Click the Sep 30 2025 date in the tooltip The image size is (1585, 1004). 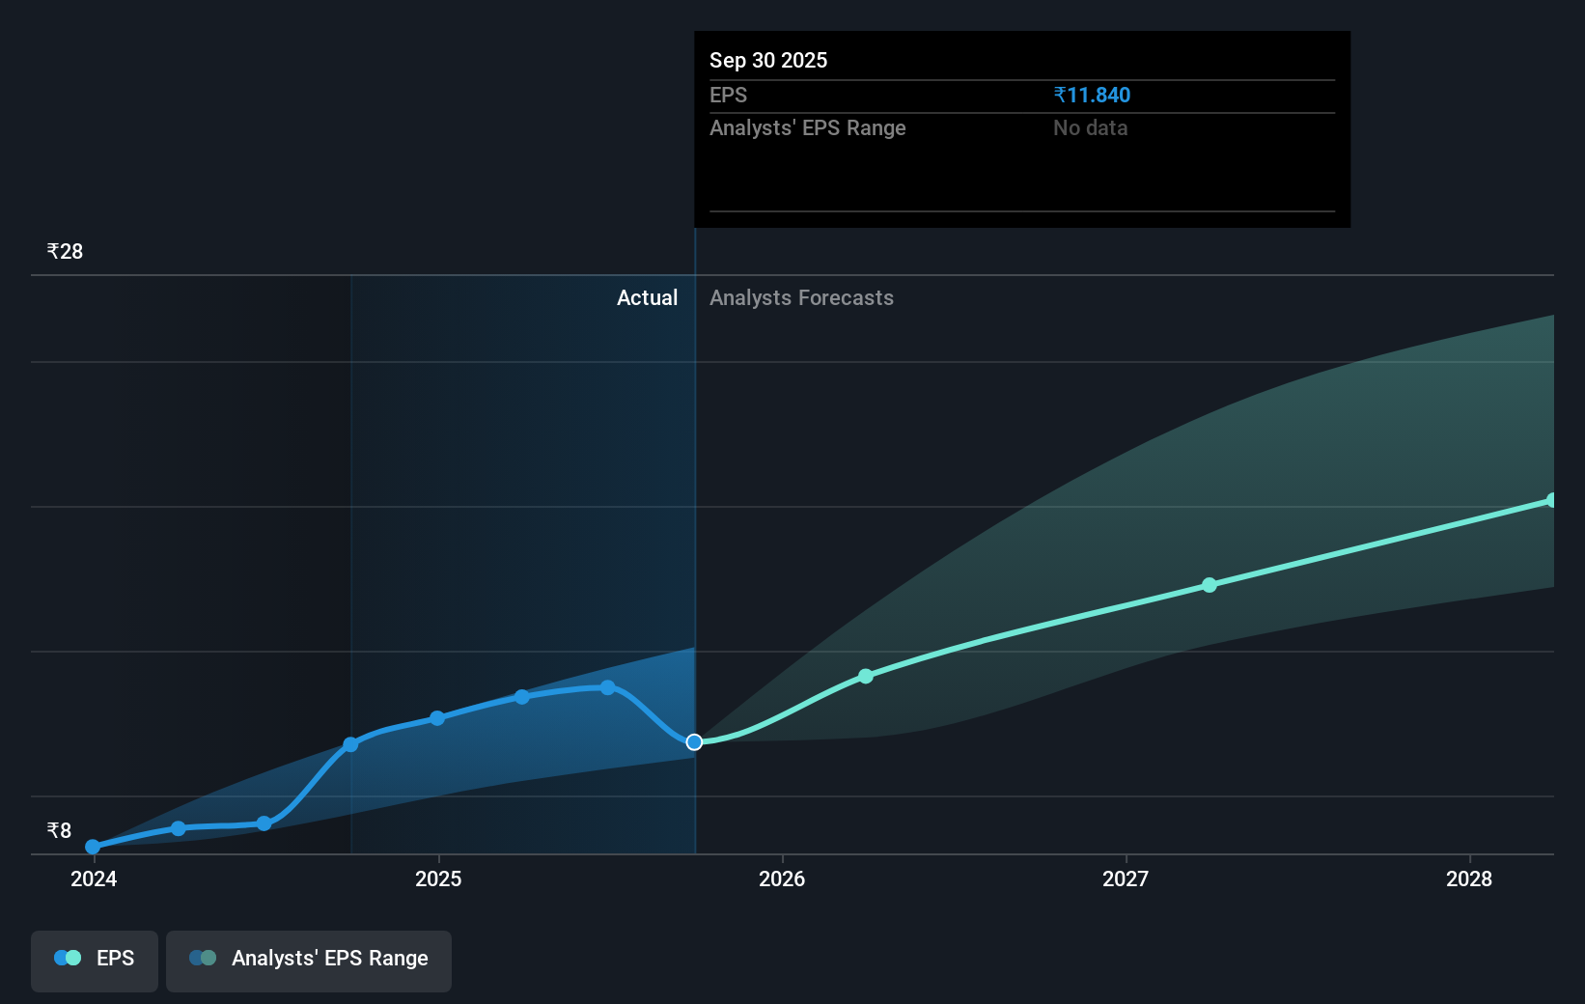[x=768, y=60]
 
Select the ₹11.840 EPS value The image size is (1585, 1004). [x=1092, y=95]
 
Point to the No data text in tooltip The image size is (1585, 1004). [x=1090, y=127]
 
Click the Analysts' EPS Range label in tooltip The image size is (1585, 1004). [x=807, y=127]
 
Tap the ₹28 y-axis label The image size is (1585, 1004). [x=65, y=251]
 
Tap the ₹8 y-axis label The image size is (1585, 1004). [x=59, y=830]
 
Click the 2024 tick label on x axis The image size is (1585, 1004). [x=94, y=878]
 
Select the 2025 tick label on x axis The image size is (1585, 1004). [x=438, y=878]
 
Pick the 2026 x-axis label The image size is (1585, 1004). [x=782, y=878]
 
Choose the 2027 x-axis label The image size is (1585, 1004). [x=1126, y=878]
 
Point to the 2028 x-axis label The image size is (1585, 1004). [x=1469, y=878]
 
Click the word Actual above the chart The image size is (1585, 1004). [x=647, y=297]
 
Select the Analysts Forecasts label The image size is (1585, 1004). [x=801, y=297]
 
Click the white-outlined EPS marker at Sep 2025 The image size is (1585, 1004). [x=694, y=741]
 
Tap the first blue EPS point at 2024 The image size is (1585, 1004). [x=93, y=847]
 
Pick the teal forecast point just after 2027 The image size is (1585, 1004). [x=1210, y=585]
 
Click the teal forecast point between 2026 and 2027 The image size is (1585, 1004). [x=866, y=676]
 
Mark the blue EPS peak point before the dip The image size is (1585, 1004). [x=608, y=687]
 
